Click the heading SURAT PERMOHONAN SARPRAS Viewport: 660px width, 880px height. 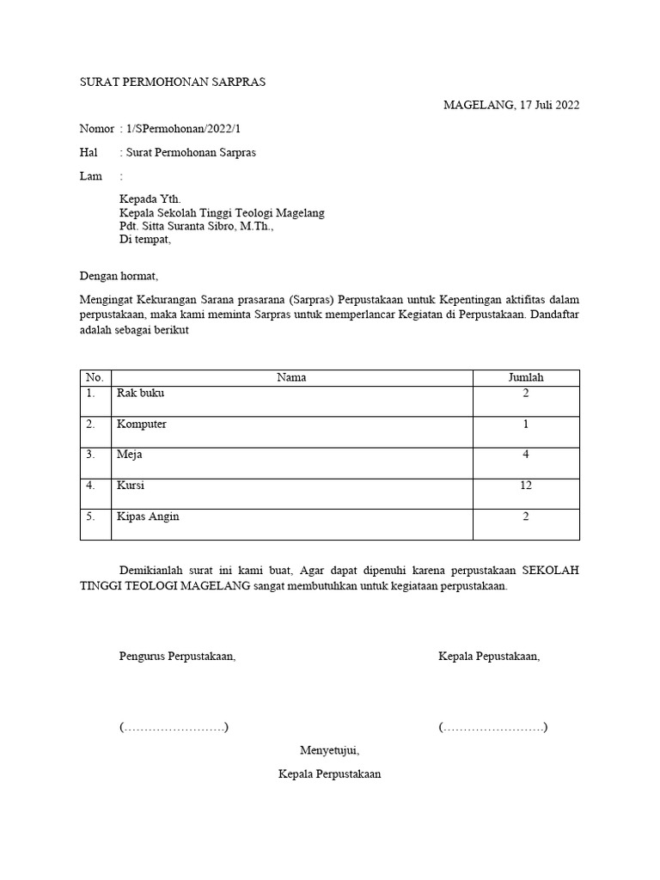pos(173,82)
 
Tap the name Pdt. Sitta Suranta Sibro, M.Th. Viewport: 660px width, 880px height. pos(196,227)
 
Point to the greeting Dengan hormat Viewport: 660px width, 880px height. pos(119,277)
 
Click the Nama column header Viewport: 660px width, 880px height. pos(291,377)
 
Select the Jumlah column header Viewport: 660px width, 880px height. pos(526,377)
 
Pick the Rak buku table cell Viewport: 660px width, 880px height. pos(140,393)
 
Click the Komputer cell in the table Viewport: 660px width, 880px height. pos(142,424)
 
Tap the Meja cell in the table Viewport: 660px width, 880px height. pos(129,455)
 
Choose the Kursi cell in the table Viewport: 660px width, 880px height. pos(131,486)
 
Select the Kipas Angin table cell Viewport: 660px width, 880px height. pos(148,516)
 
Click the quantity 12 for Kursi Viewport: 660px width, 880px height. pos(526,486)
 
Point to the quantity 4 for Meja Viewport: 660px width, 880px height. pos(526,455)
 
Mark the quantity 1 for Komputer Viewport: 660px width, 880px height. pos(526,424)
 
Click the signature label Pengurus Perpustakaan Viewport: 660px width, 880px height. pos(177,657)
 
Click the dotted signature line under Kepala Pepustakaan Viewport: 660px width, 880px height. pos(492,728)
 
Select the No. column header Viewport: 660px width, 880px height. pos(95,377)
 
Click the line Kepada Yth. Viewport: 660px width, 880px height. pos(150,199)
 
